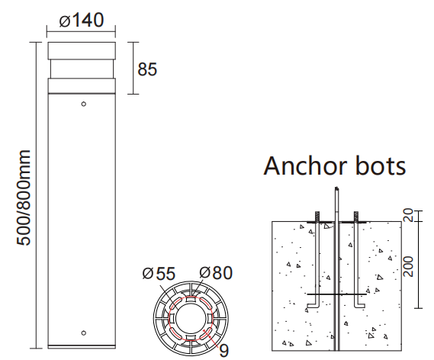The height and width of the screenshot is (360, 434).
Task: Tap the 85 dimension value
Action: (x=146, y=69)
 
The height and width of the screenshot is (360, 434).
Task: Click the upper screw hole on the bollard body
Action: (x=83, y=104)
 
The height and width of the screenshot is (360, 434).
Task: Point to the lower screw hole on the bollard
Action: (x=83, y=333)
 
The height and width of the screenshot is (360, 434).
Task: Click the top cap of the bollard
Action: (x=82, y=52)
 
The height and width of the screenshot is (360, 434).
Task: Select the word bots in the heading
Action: (x=382, y=166)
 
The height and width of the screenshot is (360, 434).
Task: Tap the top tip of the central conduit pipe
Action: (x=336, y=189)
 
